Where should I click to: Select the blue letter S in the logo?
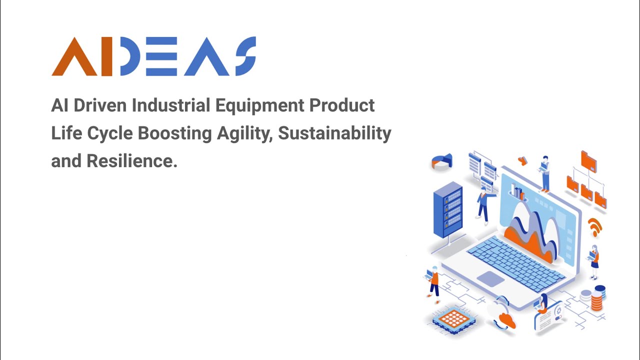(x=245, y=56)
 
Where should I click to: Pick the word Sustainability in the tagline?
(x=334, y=133)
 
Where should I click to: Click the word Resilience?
(x=132, y=161)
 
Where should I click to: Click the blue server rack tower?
(x=447, y=209)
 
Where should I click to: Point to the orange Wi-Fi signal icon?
(x=594, y=226)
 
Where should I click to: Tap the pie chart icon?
(x=441, y=161)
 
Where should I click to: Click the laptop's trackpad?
(x=490, y=278)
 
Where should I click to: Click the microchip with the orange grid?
(x=454, y=318)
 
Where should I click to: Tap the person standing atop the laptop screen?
(x=544, y=173)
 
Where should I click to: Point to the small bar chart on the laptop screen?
(x=518, y=192)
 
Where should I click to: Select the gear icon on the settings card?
(x=558, y=311)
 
